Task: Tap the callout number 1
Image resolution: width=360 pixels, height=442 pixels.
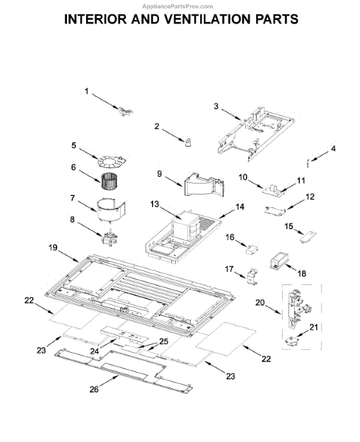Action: coord(86,91)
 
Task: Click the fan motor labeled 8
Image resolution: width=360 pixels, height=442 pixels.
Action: coord(109,237)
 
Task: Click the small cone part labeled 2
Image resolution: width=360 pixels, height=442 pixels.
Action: coord(188,142)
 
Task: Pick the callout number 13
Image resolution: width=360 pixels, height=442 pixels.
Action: coord(155,204)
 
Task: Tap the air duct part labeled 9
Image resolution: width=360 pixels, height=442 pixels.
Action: coord(204,185)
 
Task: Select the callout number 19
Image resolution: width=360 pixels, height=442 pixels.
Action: coord(53,248)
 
